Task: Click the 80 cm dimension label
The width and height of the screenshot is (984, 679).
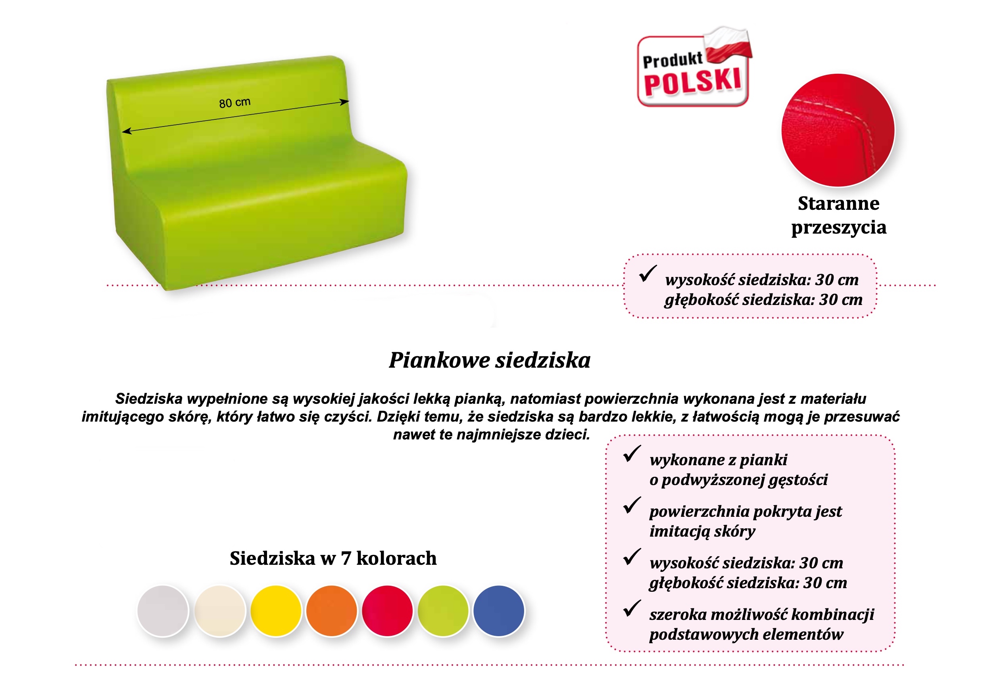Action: pos(234,103)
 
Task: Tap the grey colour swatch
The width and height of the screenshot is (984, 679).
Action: pos(163,611)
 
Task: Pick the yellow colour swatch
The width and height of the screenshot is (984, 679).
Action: pos(276,611)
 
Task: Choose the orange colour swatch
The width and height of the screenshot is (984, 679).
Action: pos(332,611)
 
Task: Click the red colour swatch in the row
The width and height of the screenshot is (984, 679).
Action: pos(387,611)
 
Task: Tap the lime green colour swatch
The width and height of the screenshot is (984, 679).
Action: pos(443,611)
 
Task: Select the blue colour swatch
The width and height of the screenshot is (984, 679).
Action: pos(499,611)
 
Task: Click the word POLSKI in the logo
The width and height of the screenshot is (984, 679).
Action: pos(693,82)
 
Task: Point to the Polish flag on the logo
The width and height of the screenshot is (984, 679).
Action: pos(728,45)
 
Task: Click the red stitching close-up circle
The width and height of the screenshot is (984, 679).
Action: pos(838,130)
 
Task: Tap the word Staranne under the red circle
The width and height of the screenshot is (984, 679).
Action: pos(838,203)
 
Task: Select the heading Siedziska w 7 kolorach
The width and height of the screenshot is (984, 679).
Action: pos(333,558)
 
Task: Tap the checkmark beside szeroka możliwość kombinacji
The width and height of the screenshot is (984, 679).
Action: pos(632,608)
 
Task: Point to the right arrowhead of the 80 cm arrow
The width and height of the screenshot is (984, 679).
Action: pos(345,102)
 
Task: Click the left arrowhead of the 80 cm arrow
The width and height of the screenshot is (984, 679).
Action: pos(127,131)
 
